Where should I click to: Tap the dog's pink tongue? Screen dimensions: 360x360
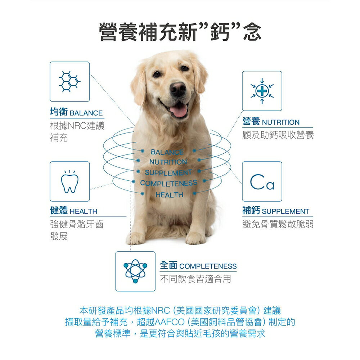pos(179,110)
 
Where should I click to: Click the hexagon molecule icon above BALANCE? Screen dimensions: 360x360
pos(69,82)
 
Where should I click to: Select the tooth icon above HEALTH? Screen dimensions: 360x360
pos(69,181)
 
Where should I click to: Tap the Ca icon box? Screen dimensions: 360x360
pos(262,181)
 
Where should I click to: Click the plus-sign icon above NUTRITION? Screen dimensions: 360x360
pos(262,91)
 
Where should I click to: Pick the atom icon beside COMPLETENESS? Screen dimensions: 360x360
pos(135,271)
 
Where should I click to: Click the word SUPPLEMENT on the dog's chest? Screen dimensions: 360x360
pos(168,172)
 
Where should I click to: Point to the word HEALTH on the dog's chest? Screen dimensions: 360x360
pos(170,195)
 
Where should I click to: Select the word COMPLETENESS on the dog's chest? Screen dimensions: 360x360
pos(168,183)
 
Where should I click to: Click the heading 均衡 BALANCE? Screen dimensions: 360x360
pos(76,113)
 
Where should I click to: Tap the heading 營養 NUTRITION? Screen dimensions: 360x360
pos(271,122)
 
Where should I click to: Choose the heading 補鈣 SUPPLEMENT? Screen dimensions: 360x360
pos(276,211)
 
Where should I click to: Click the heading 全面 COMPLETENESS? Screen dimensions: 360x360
pos(198,266)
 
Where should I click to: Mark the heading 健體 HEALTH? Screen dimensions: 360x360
pos(73,211)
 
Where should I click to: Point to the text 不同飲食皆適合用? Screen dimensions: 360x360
pos(195,279)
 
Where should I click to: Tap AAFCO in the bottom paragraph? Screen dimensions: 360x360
pos(172,322)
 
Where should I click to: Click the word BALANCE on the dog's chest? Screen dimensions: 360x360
pos(167,152)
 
